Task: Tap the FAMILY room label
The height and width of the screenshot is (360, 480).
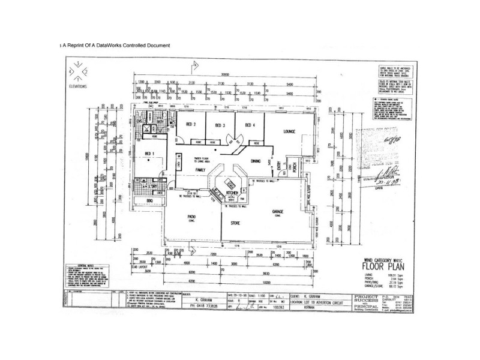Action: [201, 170]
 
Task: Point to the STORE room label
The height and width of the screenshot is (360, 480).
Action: [236, 223]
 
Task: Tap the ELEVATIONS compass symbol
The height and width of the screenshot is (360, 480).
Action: [77, 73]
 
